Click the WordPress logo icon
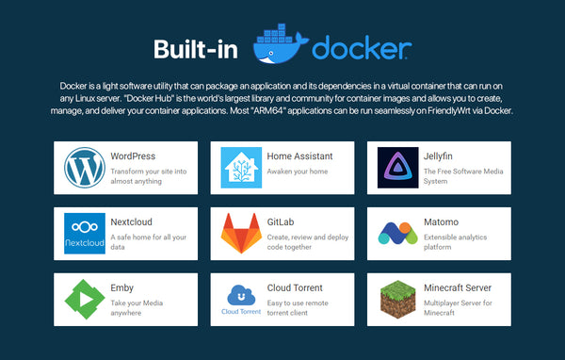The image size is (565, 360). [x=85, y=168]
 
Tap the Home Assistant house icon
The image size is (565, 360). [x=241, y=168]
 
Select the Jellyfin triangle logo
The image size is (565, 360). [x=397, y=168]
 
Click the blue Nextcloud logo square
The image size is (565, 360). [x=85, y=234]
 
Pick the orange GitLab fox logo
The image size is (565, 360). [x=241, y=233]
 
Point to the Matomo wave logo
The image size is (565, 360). [x=397, y=233]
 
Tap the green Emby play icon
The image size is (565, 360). [x=85, y=299]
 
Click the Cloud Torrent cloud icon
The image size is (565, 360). [x=241, y=295]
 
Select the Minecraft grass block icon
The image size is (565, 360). [x=397, y=300]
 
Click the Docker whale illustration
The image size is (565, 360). [x=281, y=44]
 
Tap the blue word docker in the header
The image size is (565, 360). [x=362, y=47]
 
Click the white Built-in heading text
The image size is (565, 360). [x=196, y=49]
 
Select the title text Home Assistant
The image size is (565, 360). [x=299, y=156]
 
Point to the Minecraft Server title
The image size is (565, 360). [x=458, y=287]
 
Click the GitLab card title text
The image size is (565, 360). [x=281, y=221]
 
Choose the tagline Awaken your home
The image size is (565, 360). [x=298, y=172]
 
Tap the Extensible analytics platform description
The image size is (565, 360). [x=455, y=242]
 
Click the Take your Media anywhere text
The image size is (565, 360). [x=137, y=307]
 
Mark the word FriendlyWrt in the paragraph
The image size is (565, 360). [x=448, y=110]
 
